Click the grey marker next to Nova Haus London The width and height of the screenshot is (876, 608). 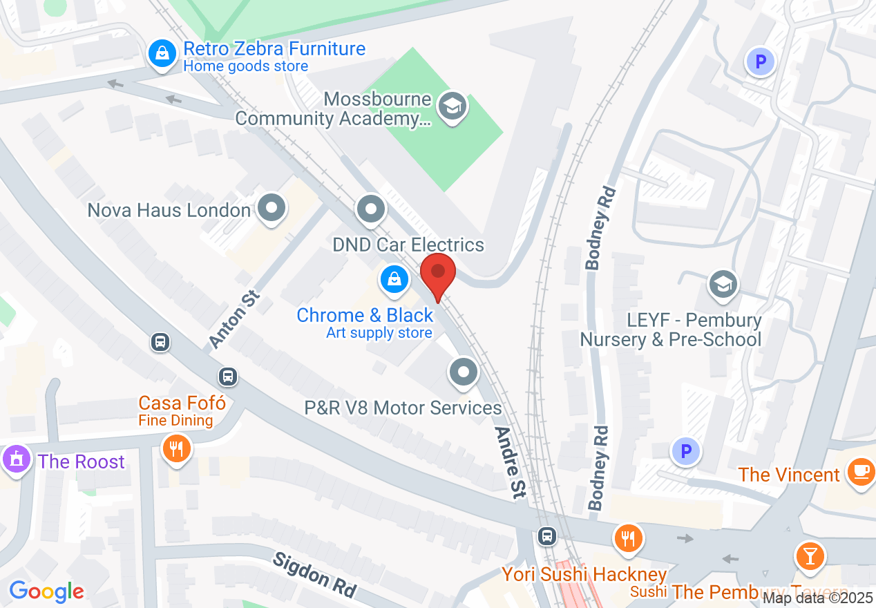point(272,209)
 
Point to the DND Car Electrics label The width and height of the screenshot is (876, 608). point(408,245)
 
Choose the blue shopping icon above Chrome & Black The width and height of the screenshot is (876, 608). point(394,281)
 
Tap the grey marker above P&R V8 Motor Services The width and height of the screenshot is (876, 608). point(464,372)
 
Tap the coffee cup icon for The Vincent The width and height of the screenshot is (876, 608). point(860,473)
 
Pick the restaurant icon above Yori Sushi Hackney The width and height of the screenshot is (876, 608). point(627,538)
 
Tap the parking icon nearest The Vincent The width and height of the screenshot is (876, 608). point(685,453)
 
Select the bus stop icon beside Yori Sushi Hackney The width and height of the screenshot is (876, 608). point(547,535)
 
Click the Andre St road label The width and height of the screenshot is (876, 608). point(511,462)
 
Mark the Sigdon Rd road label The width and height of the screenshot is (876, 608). point(314,575)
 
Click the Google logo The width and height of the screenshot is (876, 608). point(46,591)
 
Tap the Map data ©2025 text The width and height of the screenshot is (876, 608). point(818,598)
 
